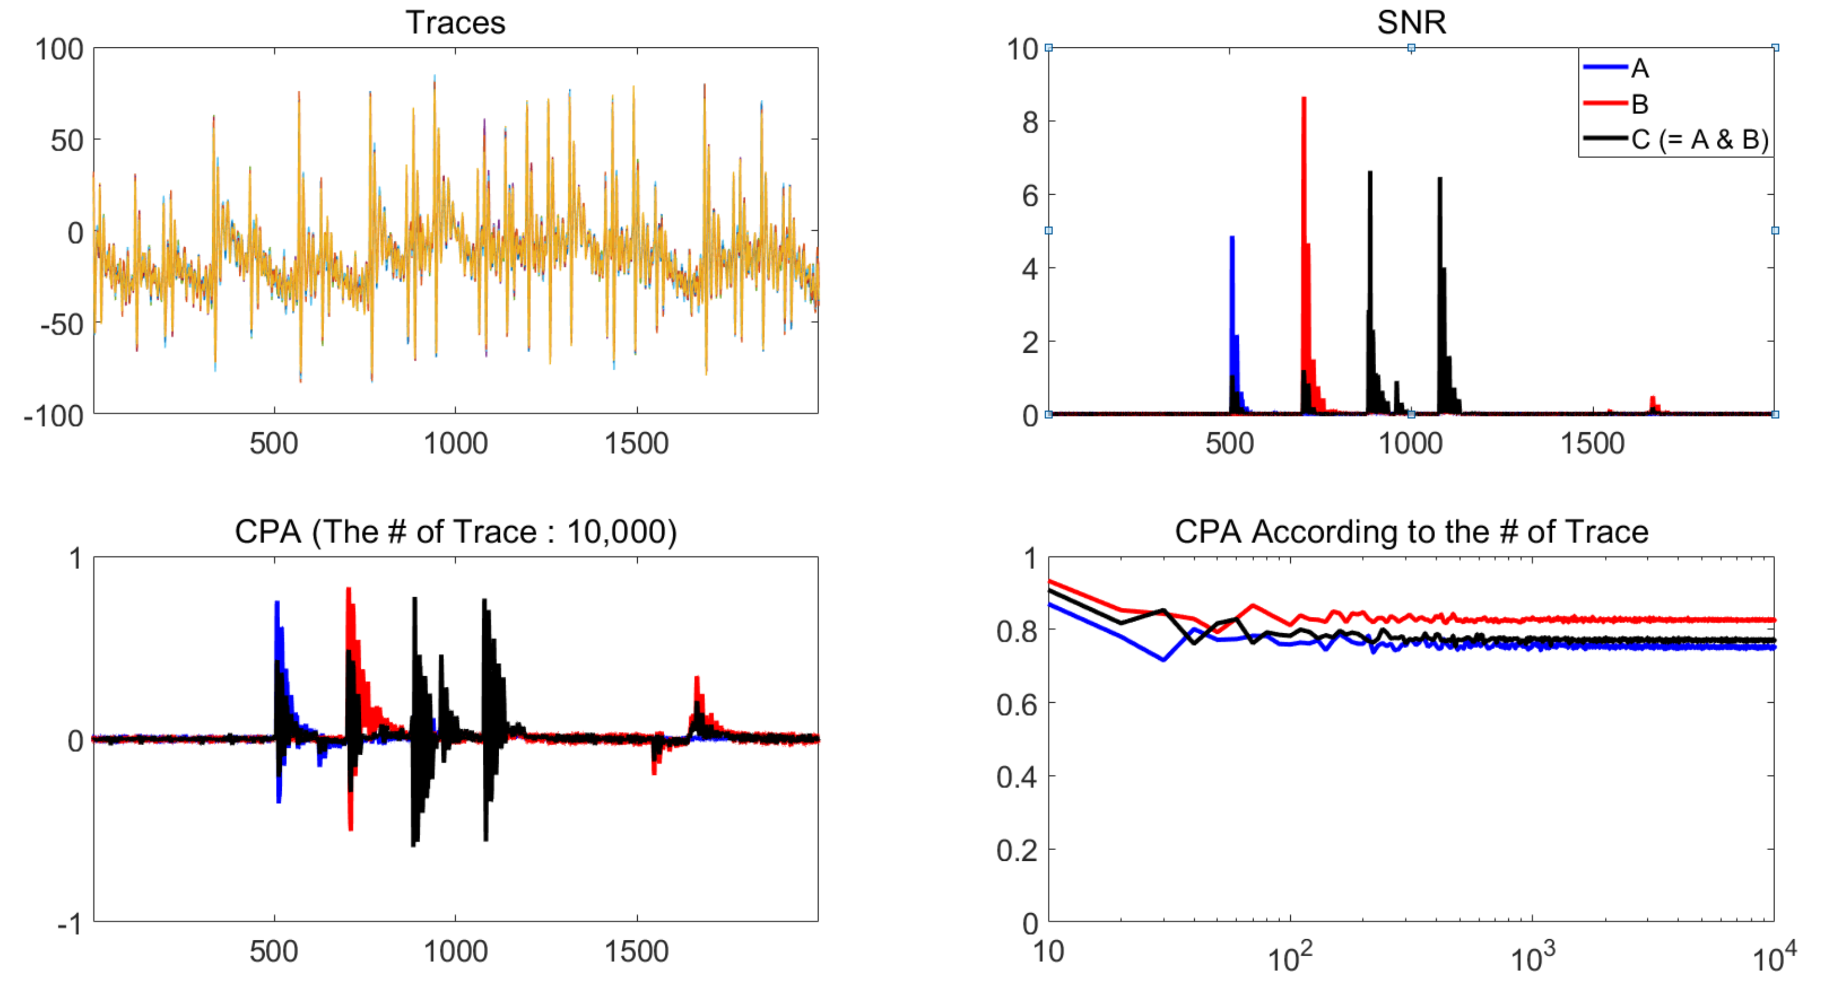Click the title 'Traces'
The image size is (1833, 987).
pos(455,23)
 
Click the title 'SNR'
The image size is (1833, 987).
pos(1411,23)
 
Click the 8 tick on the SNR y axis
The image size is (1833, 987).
pos(1030,122)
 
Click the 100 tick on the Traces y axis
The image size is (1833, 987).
pos(60,50)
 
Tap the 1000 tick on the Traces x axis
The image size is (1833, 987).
pos(455,444)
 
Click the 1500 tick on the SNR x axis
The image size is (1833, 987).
pos(1592,444)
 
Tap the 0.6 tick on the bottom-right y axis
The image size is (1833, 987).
pos(1017,704)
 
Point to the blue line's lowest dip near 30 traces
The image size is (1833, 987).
pos(1163,659)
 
